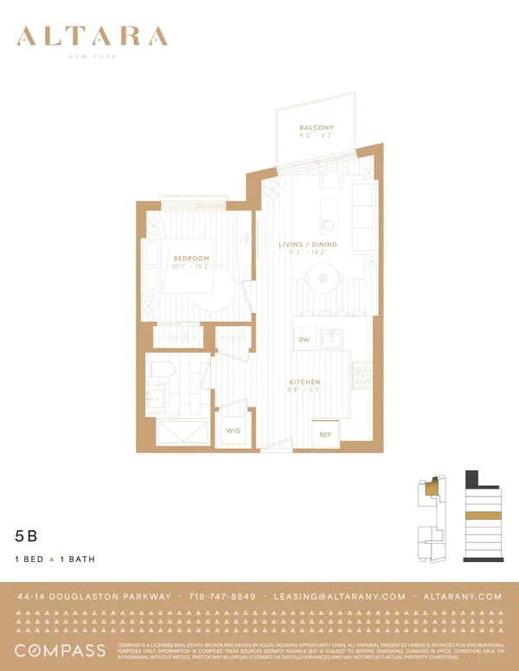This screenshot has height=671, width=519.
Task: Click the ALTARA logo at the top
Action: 92,37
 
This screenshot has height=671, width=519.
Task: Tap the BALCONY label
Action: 316,128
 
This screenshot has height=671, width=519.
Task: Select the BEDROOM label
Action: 190,259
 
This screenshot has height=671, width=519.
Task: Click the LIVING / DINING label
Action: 308,245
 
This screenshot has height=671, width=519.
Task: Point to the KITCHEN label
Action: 304,382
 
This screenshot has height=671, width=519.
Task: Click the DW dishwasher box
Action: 304,340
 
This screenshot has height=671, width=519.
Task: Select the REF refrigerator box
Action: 325,434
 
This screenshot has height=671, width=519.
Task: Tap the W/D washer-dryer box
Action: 234,430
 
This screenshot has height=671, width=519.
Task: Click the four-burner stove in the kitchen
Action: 362,375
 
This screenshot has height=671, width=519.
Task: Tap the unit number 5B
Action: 26,536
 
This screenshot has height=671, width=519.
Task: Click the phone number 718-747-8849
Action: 223,597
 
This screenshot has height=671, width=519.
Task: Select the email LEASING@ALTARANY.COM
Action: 339,597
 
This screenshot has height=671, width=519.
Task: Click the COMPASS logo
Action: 60,650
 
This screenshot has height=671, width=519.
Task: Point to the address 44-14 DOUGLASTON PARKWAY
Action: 93,597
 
